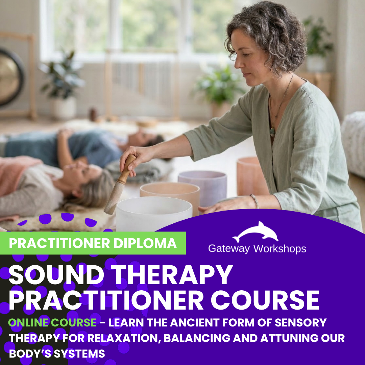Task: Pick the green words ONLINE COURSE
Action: pyautogui.click(x=52, y=322)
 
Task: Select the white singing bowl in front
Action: pyautogui.click(x=154, y=213)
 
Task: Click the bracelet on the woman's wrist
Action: pyautogui.click(x=254, y=201)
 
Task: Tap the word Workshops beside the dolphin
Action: pyautogui.click(x=279, y=249)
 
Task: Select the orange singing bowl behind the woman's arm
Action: pyautogui.click(x=252, y=176)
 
